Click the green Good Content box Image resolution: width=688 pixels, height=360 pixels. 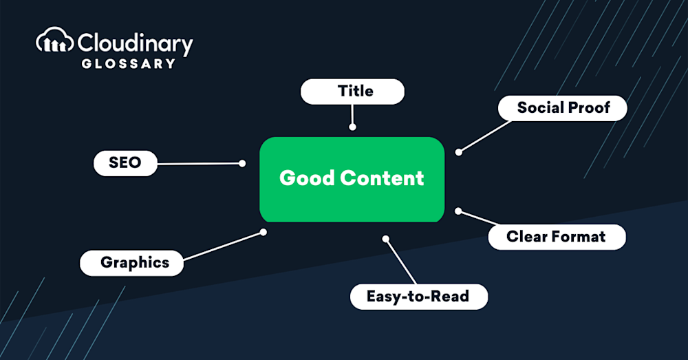(352, 180)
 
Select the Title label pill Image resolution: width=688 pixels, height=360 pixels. (352, 92)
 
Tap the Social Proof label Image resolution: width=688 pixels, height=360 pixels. (563, 108)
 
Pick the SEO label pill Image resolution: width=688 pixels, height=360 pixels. (125, 163)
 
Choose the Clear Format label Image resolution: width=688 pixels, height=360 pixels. (557, 237)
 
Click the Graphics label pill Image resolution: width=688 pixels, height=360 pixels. (131, 263)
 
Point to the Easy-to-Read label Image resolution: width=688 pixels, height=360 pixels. (419, 297)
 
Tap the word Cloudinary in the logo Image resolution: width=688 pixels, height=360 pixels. (136, 44)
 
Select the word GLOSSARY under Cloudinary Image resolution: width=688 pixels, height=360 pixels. (129, 63)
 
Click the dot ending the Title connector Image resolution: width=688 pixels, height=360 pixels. (352, 127)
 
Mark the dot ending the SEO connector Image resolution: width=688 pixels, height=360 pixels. (242, 163)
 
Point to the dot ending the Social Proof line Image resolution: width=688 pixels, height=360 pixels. (458, 152)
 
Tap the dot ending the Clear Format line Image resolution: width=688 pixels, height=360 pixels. (458, 211)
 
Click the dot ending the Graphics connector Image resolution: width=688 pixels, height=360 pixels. (264, 232)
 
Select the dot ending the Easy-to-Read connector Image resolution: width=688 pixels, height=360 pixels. (386, 240)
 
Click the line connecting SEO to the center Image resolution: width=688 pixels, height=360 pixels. (200, 164)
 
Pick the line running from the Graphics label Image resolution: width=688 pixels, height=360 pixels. (223, 246)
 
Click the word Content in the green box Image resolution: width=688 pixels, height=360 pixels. (382, 178)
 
